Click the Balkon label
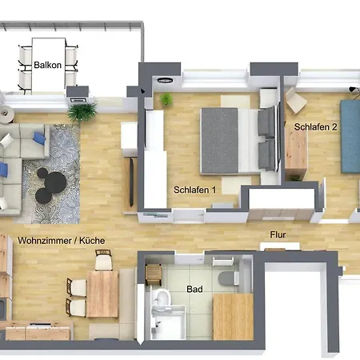47,65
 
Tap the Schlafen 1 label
194,190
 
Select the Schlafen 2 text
315,127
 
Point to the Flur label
278,234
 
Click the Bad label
194,289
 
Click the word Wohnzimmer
45,241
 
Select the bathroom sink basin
163,298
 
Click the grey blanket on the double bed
219,141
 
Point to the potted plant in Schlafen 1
166,99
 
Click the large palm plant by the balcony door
82,111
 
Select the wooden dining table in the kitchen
102,294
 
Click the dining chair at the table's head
103,260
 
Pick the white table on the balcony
49,66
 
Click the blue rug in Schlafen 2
350,136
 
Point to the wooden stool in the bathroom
154,274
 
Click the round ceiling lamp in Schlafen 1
165,80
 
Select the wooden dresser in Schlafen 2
296,150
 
